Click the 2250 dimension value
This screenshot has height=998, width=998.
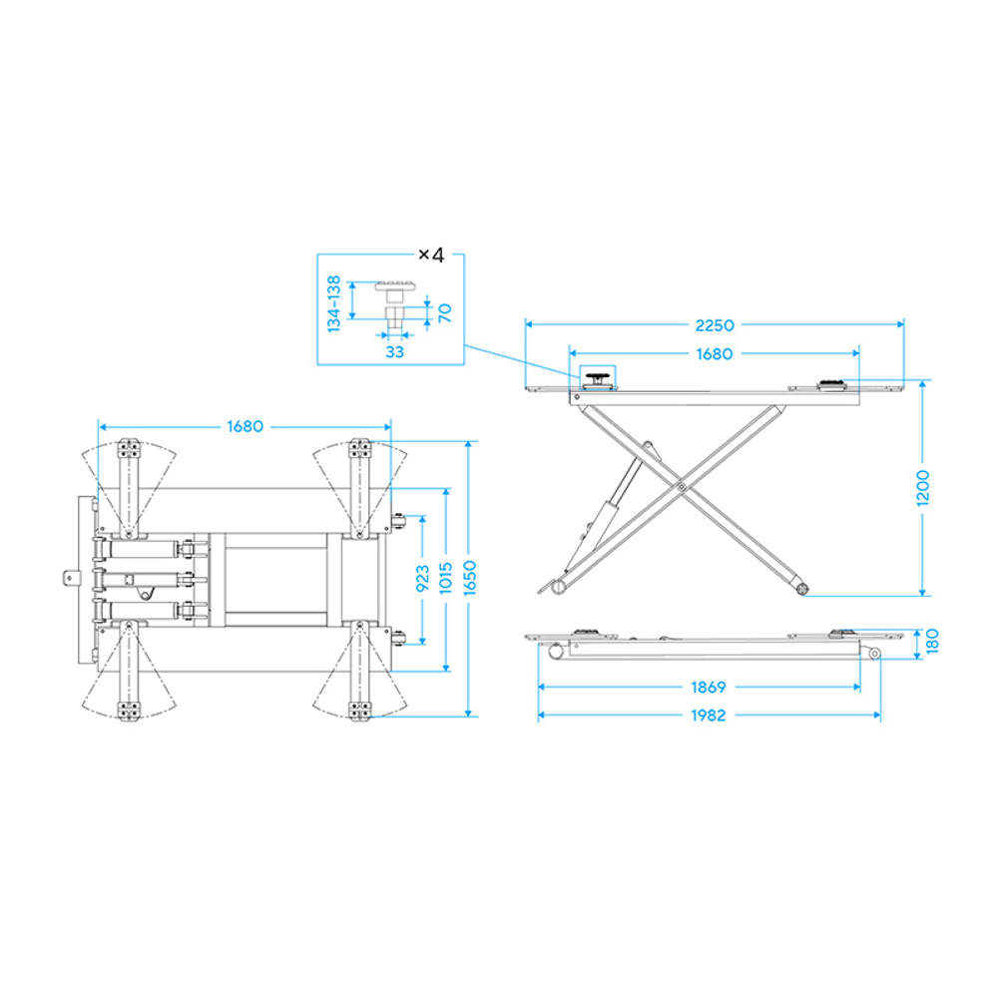pyautogui.click(x=715, y=325)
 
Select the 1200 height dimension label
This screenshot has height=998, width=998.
pyautogui.click(x=923, y=488)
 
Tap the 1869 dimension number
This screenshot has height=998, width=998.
pyautogui.click(x=708, y=688)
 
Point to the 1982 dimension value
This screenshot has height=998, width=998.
pyautogui.click(x=708, y=716)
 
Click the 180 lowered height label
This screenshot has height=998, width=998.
pyautogui.click(x=932, y=642)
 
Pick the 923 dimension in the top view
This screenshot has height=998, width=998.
pyautogui.click(x=422, y=579)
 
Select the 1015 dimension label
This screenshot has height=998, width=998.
pyautogui.click(x=445, y=578)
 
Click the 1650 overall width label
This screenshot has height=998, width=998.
pyautogui.click(x=470, y=578)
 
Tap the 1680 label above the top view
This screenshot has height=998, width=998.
pyautogui.click(x=246, y=426)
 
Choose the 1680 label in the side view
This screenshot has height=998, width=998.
pyautogui.click(x=715, y=354)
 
